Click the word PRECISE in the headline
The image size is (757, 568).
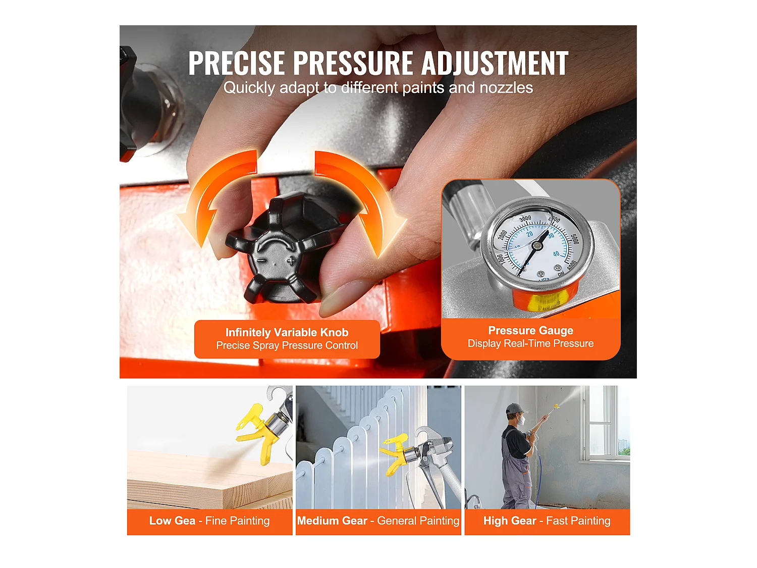237,64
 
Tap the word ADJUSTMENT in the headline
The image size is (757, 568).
495,64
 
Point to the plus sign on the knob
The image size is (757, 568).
291,261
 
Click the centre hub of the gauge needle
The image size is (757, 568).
536,246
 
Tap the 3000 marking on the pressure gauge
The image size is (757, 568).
525,219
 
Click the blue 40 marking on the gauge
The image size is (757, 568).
556,254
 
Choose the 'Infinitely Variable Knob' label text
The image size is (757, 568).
287,332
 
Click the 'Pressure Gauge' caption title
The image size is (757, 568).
530,330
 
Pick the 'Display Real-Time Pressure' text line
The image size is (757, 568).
530,344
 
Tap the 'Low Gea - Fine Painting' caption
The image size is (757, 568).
209,521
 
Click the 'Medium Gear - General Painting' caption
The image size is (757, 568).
378,521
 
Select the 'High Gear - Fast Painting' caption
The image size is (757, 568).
547,521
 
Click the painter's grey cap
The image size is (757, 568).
514,408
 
